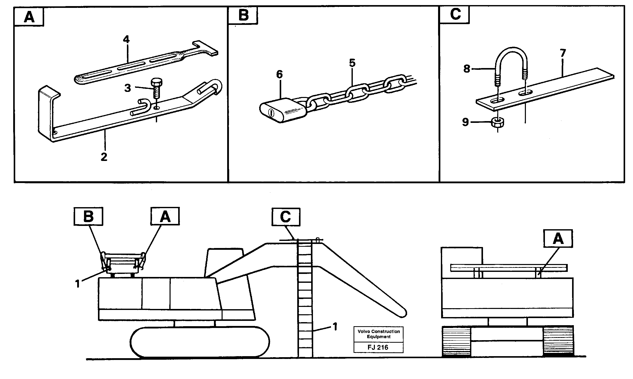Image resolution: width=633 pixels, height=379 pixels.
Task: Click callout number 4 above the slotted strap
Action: coord(126,39)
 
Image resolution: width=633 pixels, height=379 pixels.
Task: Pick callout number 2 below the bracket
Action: coord(104,157)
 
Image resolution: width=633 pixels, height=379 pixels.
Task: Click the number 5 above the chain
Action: coord(352,63)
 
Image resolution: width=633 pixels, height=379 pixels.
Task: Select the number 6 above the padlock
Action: coord(279,75)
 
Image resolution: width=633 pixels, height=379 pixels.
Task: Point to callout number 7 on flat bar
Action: coord(563,53)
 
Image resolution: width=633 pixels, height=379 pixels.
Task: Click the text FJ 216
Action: coord(378,347)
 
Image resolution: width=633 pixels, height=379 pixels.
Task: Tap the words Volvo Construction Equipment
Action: coord(378,334)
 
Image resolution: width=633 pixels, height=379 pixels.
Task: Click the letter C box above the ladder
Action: coord(286,217)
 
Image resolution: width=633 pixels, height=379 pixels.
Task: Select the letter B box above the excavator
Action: coord(88,216)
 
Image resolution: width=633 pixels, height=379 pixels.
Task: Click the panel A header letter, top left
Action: coord(29,17)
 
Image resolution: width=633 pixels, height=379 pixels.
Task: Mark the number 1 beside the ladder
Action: coord(335,326)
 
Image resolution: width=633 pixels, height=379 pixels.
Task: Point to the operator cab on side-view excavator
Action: coord(224,262)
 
